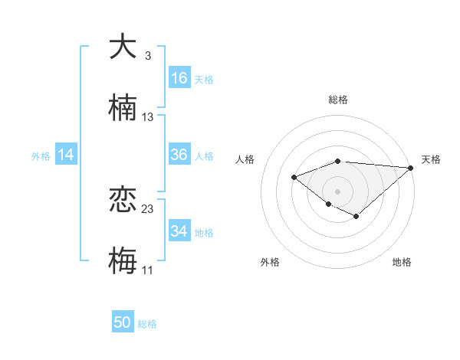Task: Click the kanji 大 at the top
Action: (123, 47)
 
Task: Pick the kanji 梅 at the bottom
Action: (123, 260)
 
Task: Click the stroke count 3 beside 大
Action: (147, 57)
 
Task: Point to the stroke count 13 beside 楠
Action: (148, 116)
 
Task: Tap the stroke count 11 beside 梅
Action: (147, 270)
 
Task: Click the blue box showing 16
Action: (179, 77)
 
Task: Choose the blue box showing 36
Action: (179, 155)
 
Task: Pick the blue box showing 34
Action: (179, 231)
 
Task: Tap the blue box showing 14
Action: (66, 155)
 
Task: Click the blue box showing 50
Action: (123, 322)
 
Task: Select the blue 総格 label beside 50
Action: (147, 324)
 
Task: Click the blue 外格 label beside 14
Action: (41, 156)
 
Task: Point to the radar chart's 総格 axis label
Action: (337, 100)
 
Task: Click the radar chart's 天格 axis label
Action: (431, 159)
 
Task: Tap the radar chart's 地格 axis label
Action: (402, 262)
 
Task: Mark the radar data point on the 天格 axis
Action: (411, 167)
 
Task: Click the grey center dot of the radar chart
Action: (337, 191)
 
